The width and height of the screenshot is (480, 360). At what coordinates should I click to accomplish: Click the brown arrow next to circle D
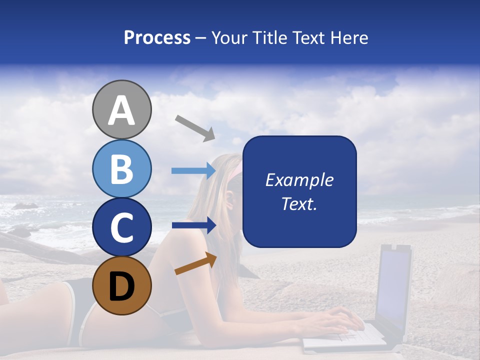(195, 263)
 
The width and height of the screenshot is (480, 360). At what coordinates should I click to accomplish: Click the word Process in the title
(157, 37)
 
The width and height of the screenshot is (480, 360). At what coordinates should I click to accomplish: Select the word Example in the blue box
(299, 180)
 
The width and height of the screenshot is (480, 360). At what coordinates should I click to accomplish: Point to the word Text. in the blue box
(299, 203)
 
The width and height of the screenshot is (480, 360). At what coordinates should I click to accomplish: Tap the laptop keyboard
(345, 335)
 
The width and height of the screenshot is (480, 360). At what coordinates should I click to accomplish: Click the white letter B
(121, 169)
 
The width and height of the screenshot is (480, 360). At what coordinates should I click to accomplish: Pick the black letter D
(121, 286)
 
